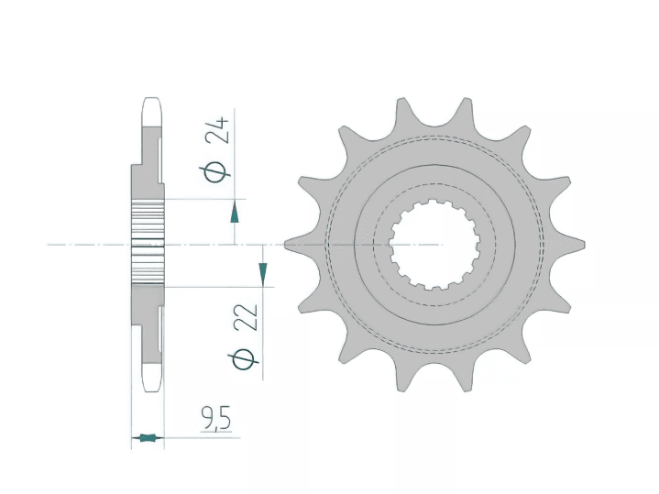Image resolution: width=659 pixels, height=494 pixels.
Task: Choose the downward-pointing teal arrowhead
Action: click(263, 272)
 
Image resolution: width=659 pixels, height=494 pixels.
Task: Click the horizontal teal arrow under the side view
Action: click(148, 438)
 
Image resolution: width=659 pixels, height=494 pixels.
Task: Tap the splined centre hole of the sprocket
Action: click(434, 245)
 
